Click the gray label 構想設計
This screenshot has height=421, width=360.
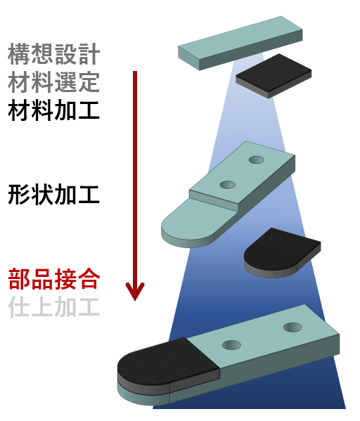pyautogui.click(x=54, y=54)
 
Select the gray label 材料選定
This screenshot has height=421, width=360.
pyautogui.click(x=54, y=82)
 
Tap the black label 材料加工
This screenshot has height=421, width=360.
pyautogui.click(x=54, y=110)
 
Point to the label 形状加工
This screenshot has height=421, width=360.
pyautogui.click(x=54, y=195)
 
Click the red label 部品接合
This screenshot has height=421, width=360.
pyautogui.click(x=54, y=279)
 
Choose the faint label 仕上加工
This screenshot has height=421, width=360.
pyautogui.click(x=54, y=306)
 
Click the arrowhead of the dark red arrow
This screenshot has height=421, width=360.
pyautogui.click(x=135, y=291)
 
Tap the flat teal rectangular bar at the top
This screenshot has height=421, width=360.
pyautogui.click(x=240, y=43)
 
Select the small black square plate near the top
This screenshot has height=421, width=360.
pyautogui.click(x=274, y=76)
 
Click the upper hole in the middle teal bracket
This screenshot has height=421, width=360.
pyautogui.click(x=257, y=160)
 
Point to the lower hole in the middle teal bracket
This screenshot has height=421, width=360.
pyautogui.click(x=227, y=184)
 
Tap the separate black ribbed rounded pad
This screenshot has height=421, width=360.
pyautogui.click(x=282, y=252)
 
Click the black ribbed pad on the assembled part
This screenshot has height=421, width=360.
pyautogui.click(x=169, y=363)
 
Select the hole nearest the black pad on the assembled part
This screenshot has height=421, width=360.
pyautogui.click(x=231, y=345)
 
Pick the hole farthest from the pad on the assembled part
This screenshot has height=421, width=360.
pyautogui.click(x=292, y=328)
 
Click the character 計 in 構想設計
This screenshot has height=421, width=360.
pyautogui.click(x=89, y=54)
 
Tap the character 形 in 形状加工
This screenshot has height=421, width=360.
pyautogui.click(x=19, y=195)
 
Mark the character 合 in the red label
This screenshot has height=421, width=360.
pyautogui.click(x=89, y=279)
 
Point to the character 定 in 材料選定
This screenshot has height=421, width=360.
pyautogui.click(x=89, y=82)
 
